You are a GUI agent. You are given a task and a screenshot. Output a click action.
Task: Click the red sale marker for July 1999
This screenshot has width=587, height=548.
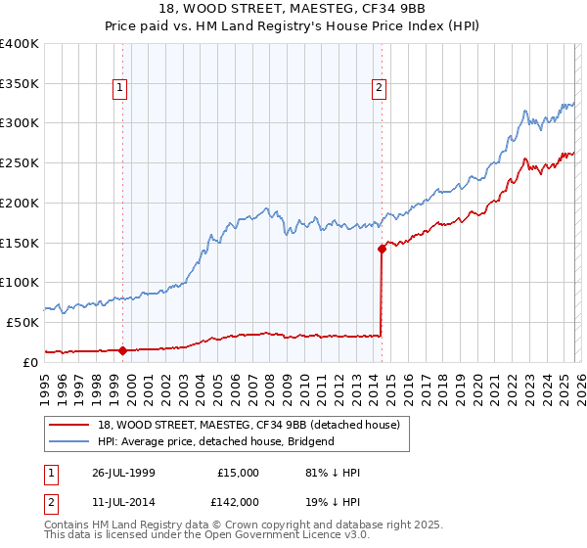point(123,349)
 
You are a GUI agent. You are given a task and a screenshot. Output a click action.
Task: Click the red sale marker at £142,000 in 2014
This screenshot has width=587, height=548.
point(382,249)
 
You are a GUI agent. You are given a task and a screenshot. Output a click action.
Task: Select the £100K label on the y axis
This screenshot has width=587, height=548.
point(20,282)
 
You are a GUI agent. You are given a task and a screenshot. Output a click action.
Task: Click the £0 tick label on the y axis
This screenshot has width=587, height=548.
point(29,361)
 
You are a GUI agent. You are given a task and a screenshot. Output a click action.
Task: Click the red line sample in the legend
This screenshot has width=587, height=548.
point(70,426)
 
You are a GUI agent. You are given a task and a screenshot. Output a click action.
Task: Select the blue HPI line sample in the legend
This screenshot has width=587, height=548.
point(70,441)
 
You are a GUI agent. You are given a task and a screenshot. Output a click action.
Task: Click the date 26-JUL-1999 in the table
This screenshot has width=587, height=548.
point(115,472)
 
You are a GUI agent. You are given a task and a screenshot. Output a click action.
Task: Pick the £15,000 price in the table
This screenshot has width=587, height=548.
point(238,472)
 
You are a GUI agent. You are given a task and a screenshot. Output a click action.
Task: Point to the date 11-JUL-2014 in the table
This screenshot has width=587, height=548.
point(115,501)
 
